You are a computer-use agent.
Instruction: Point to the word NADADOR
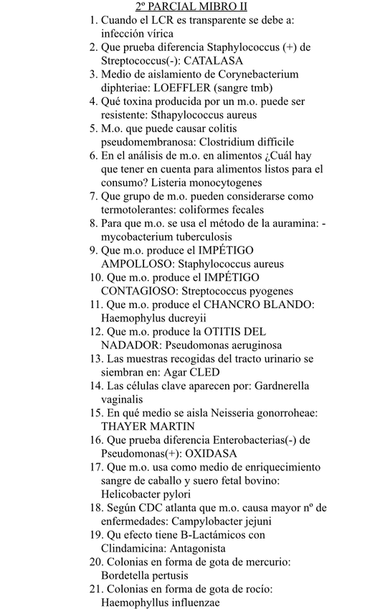click(x=128, y=345)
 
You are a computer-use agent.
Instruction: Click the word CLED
click(x=206, y=372)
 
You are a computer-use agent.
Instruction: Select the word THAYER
click(x=123, y=427)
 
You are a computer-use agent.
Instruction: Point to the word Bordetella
click(x=128, y=575)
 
